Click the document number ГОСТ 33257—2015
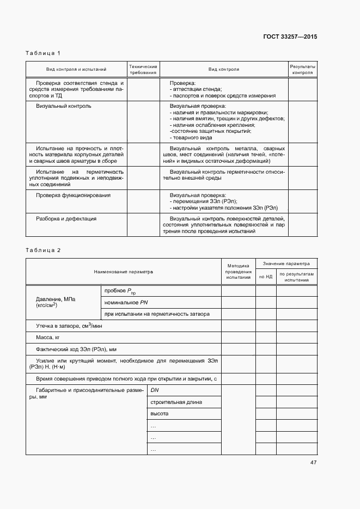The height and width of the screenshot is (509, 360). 291,37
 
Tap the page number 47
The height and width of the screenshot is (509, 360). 313,463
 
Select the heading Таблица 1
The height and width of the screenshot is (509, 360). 43,53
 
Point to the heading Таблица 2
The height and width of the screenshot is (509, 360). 43,250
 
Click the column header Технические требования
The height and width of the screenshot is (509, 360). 143,69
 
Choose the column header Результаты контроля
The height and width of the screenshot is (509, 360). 302,69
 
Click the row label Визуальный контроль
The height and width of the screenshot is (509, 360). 64,106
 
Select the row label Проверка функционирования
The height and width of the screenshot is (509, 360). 73,195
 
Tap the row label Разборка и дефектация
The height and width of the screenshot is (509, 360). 66,218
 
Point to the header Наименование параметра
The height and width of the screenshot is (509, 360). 123,271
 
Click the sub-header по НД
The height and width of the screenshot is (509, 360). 266,277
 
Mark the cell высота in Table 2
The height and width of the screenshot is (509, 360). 160,414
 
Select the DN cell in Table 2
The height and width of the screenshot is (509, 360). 155,390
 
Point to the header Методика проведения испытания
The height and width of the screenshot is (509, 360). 238,271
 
